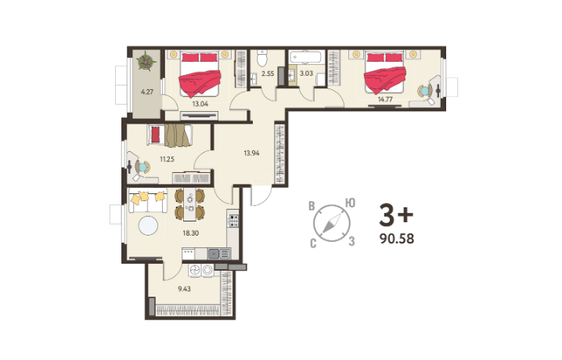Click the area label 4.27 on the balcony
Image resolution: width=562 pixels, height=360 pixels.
click(147, 92)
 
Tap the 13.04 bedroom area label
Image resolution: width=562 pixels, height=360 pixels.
click(200, 104)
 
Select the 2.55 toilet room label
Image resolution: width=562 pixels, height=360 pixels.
click(268, 74)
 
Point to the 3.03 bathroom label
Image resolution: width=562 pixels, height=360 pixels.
click(306, 74)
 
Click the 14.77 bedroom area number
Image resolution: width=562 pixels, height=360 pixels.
click(385, 99)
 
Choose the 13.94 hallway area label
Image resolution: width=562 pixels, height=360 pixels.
click(251, 153)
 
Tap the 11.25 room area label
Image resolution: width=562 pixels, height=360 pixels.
click(167, 159)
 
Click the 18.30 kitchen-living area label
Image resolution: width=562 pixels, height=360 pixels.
click(191, 233)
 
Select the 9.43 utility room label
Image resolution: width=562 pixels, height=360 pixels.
click(184, 288)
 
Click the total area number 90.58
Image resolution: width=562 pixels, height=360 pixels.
click(397, 239)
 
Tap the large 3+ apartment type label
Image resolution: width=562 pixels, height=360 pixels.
click(396, 214)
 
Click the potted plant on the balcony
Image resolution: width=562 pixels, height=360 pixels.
click(146, 61)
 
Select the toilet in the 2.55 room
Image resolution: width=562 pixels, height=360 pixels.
click(263, 58)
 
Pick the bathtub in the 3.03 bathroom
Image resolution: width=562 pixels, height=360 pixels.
click(307, 57)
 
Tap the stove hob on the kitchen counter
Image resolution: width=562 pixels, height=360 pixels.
click(234, 220)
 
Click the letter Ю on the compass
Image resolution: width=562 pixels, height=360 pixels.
click(350, 203)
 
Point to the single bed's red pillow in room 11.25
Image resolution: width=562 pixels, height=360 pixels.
click(156, 135)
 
